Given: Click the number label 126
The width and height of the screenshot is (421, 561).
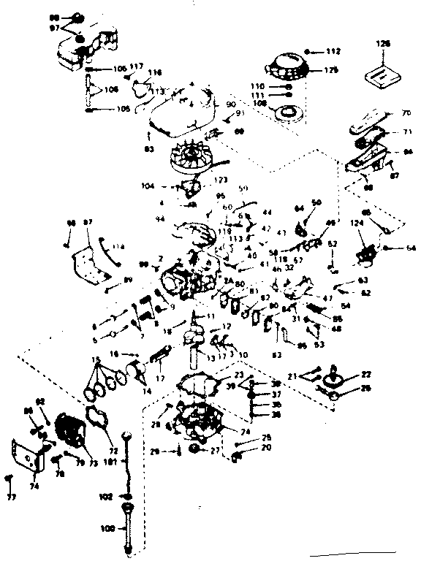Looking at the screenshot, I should coord(384,44).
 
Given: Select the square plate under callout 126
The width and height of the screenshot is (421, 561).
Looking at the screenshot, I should coord(383,74).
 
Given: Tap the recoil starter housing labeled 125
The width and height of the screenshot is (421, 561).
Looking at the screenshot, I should coord(291,64).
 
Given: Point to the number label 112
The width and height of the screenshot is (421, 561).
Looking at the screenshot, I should coord(333,51).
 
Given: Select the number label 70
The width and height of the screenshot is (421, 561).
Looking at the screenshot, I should coord(406,113).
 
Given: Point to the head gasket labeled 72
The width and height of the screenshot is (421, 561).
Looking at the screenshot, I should coord(97,420).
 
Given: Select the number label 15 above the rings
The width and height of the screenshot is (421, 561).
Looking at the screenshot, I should coord(94,360).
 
